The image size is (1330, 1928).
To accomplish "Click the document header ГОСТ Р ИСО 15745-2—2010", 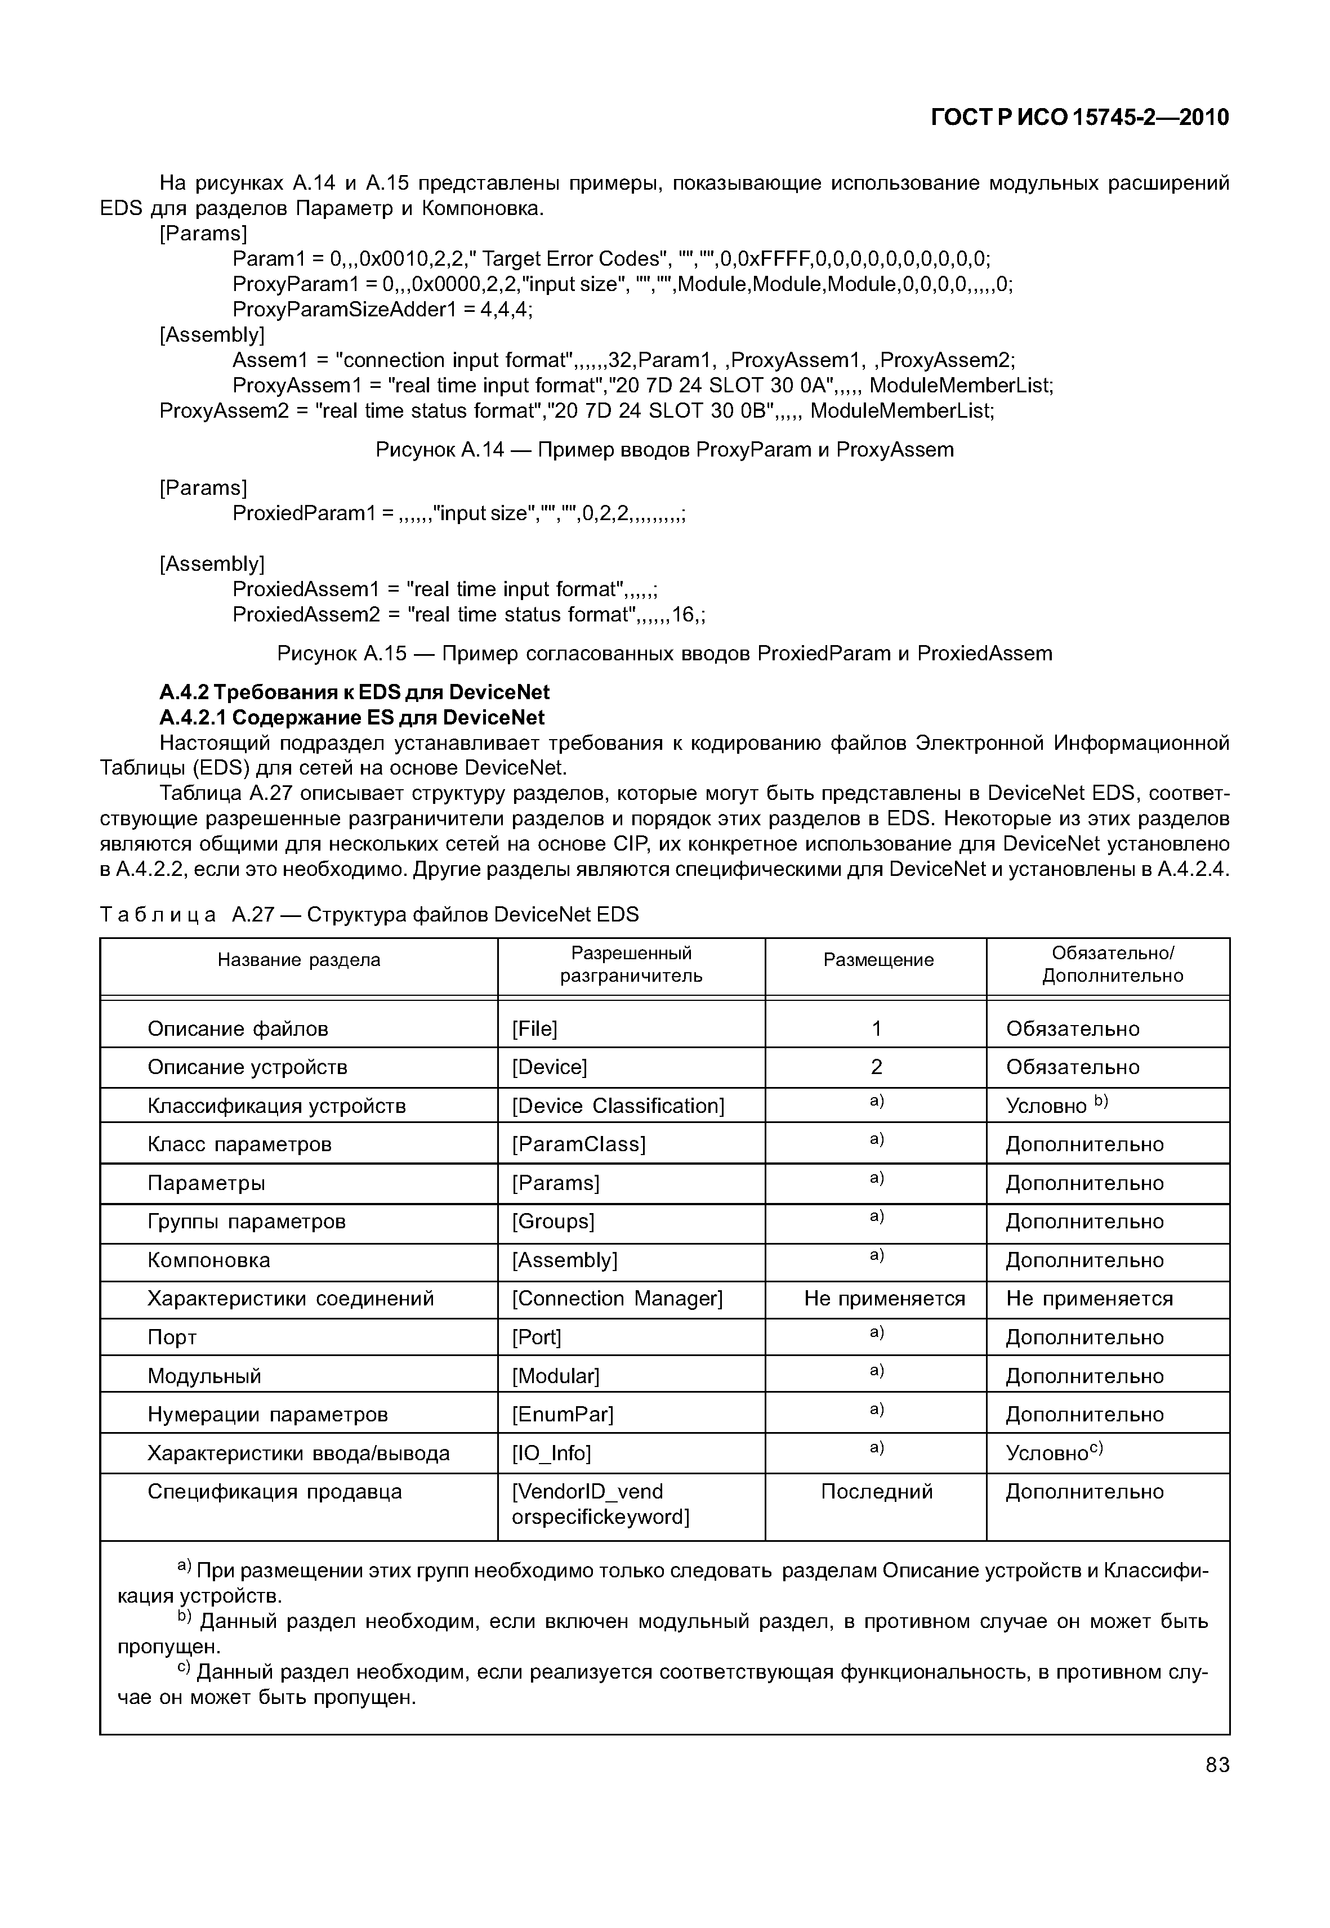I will coord(1079,118).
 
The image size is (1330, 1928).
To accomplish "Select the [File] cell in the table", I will coord(535,1029).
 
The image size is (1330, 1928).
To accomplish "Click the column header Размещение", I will coord(877,960).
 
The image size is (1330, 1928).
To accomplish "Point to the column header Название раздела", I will coord(298,960).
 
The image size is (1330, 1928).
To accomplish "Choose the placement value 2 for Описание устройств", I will coord(876,1067).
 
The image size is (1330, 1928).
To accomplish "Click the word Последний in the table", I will coord(877,1491).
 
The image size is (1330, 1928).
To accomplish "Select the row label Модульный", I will coord(204,1376).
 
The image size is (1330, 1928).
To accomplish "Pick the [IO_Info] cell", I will coord(552,1453).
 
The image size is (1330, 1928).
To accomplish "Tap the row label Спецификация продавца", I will coord(274,1491).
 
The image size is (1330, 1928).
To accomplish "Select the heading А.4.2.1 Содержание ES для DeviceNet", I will coord(352,717).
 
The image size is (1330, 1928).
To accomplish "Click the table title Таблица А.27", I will coord(369,915).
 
